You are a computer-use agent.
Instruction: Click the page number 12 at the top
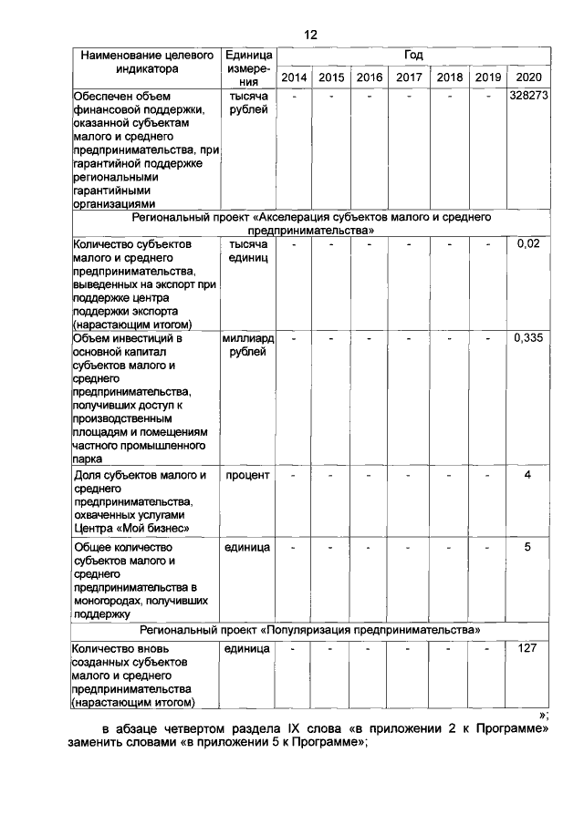point(310,35)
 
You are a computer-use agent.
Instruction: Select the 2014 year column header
point(294,77)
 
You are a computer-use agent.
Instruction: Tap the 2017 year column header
point(409,77)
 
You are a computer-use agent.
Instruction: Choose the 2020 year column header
point(528,77)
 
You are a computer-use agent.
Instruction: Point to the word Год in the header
point(412,55)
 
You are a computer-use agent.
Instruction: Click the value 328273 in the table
point(528,95)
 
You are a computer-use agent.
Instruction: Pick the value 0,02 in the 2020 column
point(528,244)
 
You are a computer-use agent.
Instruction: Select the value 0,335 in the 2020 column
point(528,338)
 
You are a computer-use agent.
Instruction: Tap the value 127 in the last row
point(528,648)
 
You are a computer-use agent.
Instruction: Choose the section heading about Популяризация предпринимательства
point(310,630)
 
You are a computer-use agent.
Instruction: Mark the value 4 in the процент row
point(528,475)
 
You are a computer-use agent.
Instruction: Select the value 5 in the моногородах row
point(528,547)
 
